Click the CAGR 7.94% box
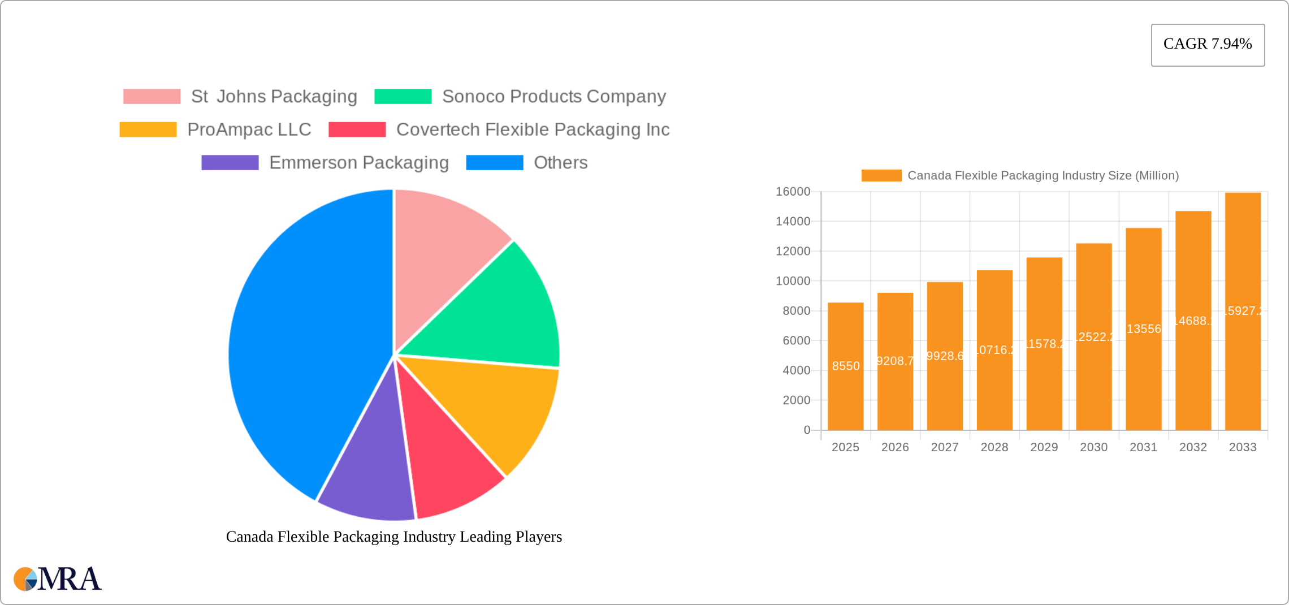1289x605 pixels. (1208, 45)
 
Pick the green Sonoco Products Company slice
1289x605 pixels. (498, 317)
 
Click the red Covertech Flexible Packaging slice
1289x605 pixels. (447, 464)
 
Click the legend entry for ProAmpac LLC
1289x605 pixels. (249, 129)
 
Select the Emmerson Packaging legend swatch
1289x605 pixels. (230, 163)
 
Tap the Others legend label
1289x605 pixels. (560, 163)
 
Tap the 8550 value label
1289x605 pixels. (846, 366)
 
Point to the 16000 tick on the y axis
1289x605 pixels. (793, 192)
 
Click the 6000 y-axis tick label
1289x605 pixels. (796, 340)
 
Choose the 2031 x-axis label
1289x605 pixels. (1143, 447)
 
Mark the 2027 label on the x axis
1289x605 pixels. (945, 447)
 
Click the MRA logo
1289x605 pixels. (58, 579)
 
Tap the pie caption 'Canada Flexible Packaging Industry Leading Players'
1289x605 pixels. (394, 537)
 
